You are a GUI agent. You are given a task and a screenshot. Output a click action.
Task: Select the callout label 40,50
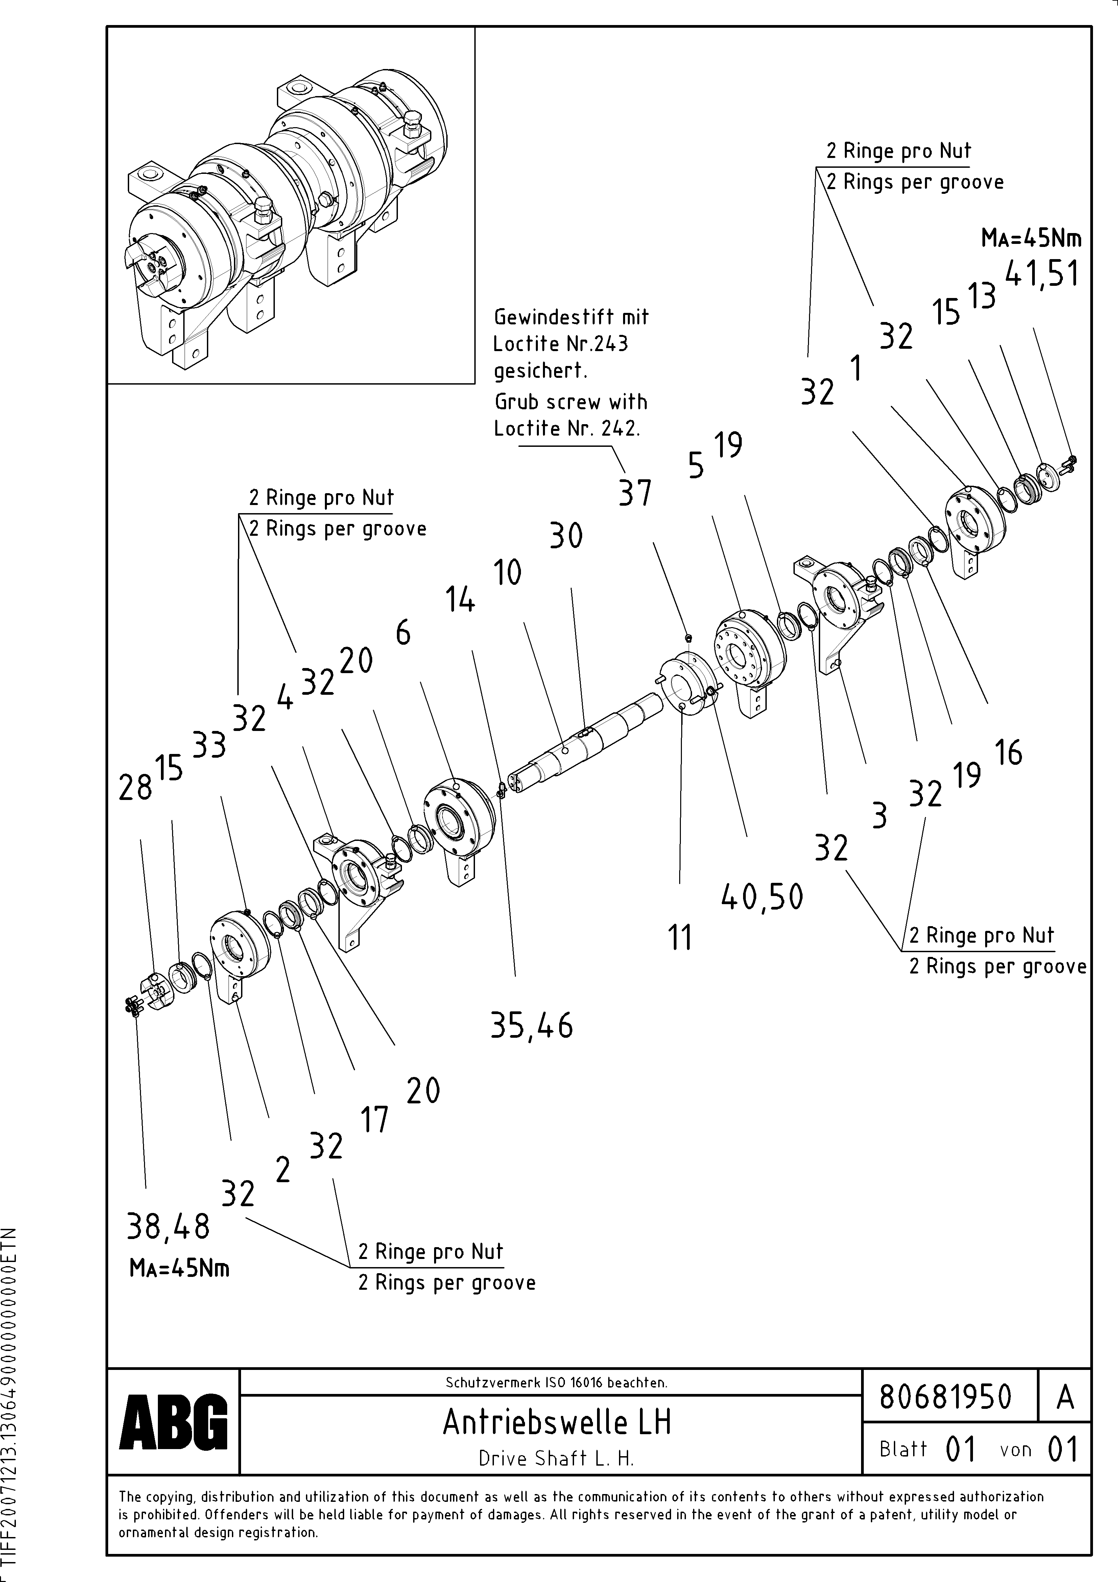pyautogui.click(x=762, y=897)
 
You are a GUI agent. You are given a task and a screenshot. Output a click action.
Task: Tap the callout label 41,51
pyautogui.click(x=1042, y=274)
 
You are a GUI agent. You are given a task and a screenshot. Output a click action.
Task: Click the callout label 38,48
pyautogui.click(x=169, y=1226)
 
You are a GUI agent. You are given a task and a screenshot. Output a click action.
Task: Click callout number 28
pyautogui.click(x=135, y=787)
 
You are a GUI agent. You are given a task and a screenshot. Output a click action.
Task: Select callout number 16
pyautogui.click(x=1008, y=752)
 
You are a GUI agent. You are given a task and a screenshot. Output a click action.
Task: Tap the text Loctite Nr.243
pyautogui.click(x=561, y=343)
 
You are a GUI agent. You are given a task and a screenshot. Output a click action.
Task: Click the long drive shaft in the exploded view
pyautogui.click(x=586, y=744)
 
